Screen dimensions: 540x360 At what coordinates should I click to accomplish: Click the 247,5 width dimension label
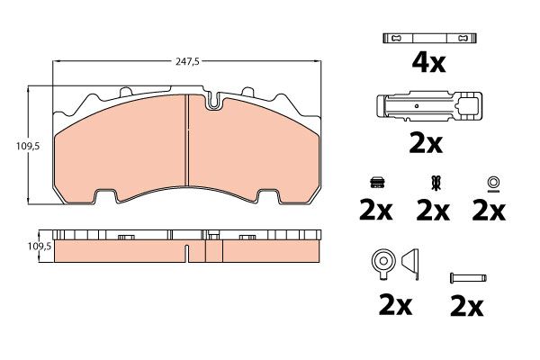pyautogui.click(x=187, y=62)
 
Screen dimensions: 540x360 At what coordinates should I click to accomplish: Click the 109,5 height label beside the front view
pyautogui.click(x=28, y=147)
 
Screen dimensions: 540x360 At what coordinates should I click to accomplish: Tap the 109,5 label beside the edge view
pyautogui.click(x=40, y=247)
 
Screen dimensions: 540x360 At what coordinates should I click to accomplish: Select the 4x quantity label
pyautogui.click(x=428, y=63)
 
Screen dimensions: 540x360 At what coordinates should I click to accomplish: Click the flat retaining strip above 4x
pyautogui.click(x=429, y=38)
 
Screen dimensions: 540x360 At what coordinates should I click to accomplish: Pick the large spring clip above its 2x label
pyautogui.click(x=429, y=106)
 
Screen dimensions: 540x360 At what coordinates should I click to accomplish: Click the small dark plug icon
pyautogui.click(x=377, y=183)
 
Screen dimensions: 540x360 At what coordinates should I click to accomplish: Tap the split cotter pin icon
pyautogui.click(x=436, y=183)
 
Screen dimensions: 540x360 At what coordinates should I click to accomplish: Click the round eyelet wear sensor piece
pyautogui.click(x=382, y=264)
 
